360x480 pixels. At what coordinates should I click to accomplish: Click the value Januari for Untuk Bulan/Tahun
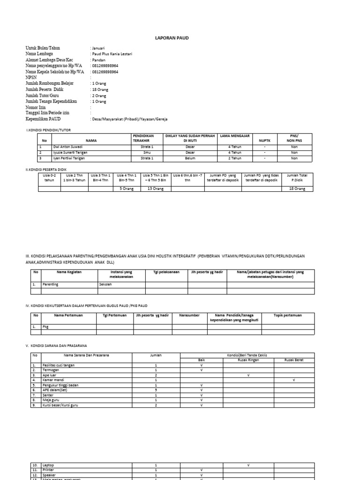point(98,48)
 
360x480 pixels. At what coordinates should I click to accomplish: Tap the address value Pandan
point(98,60)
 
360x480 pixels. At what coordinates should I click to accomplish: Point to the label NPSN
point(31,78)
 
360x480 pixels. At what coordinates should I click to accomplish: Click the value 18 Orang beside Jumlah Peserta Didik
point(99,89)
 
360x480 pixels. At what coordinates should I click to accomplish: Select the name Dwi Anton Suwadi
point(57,147)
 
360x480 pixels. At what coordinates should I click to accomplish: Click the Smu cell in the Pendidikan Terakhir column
point(147,152)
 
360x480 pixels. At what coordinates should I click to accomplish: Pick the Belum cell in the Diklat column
point(189,158)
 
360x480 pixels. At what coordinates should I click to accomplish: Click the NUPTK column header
point(265,140)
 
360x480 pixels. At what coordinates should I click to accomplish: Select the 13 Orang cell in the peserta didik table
point(156,188)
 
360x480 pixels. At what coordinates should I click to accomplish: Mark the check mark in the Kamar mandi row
point(293,380)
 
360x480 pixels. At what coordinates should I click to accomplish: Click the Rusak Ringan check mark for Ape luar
point(248,375)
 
